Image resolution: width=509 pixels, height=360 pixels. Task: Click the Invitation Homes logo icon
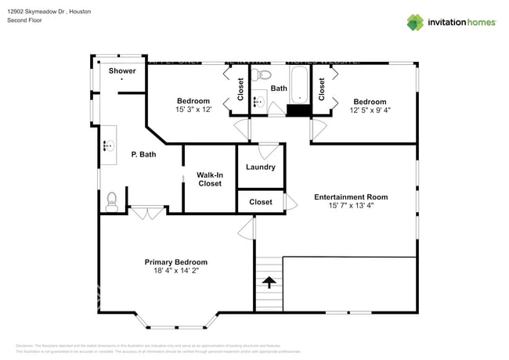click(414, 22)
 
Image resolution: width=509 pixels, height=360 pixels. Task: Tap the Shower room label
click(122, 71)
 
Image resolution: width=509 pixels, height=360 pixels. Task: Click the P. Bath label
click(143, 155)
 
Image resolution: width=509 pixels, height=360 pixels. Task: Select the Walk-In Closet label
click(209, 179)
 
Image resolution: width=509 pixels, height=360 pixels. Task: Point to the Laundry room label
click(260, 167)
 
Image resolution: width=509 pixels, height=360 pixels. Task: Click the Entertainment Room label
click(351, 197)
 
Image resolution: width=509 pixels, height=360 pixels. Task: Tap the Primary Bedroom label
click(175, 262)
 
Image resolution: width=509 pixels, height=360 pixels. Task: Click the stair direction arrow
click(269, 282)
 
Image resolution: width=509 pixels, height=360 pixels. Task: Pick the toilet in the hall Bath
click(262, 76)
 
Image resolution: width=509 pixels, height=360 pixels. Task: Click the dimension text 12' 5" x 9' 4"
click(370, 110)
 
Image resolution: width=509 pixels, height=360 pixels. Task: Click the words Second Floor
click(24, 20)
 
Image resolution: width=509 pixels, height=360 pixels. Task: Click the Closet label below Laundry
click(261, 202)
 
